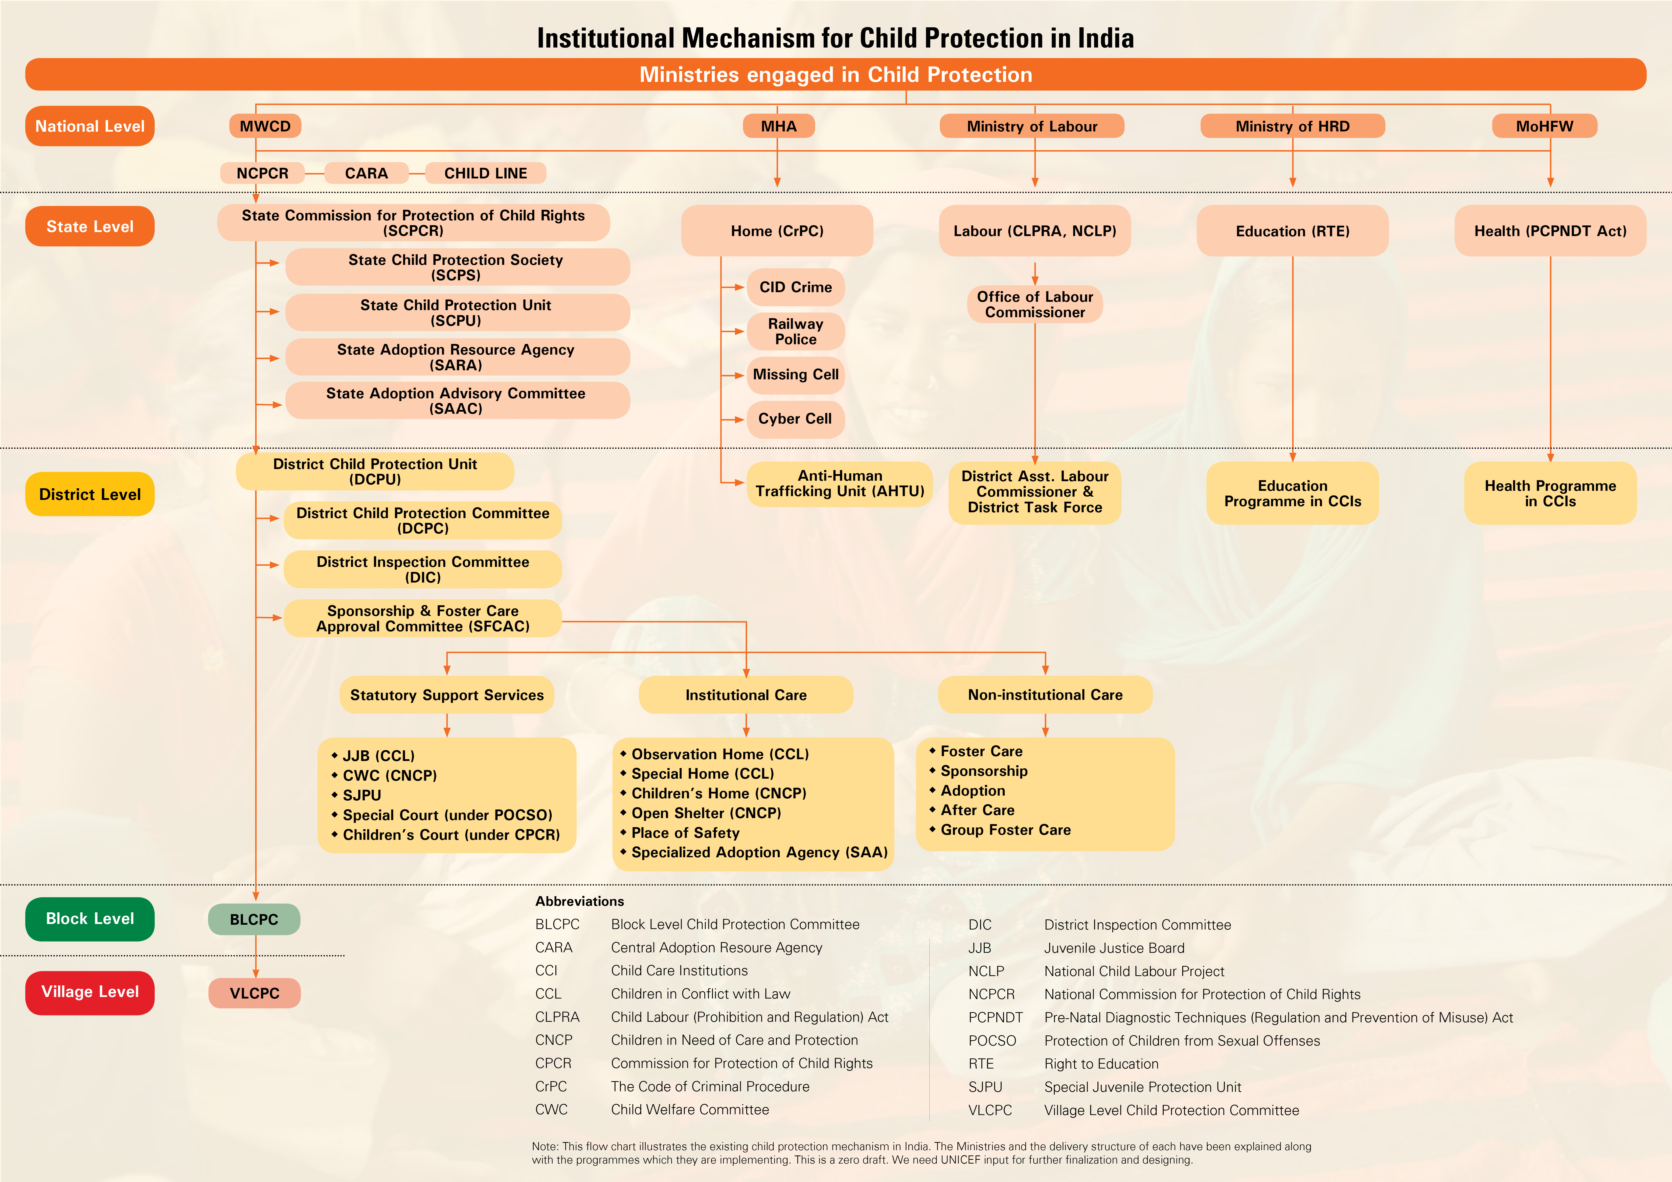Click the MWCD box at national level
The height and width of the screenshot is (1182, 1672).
pyautogui.click(x=265, y=126)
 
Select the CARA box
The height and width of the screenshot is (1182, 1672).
pyautogui.click(x=366, y=173)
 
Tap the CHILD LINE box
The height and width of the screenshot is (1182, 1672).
pyautogui.click(x=486, y=173)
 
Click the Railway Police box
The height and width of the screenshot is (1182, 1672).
pyautogui.click(x=795, y=331)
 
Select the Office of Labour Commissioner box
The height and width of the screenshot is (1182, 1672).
pyautogui.click(x=1035, y=304)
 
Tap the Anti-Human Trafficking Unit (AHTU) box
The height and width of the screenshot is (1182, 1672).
pyautogui.click(x=840, y=483)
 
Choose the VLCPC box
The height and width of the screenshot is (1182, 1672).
pyautogui.click(x=254, y=993)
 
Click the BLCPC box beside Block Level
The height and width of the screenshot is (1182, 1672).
pyautogui.click(x=254, y=919)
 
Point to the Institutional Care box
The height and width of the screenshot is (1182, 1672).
pyautogui.click(x=746, y=695)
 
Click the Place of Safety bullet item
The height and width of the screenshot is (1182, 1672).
pyautogui.click(x=685, y=833)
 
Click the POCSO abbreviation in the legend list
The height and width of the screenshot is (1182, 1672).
pyautogui.click(x=992, y=1041)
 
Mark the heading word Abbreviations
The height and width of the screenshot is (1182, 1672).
pyautogui.click(x=580, y=901)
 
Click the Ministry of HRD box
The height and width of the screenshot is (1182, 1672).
pyautogui.click(x=1293, y=126)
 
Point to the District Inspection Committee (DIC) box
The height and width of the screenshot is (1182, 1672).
pyautogui.click(x=422, y=569)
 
